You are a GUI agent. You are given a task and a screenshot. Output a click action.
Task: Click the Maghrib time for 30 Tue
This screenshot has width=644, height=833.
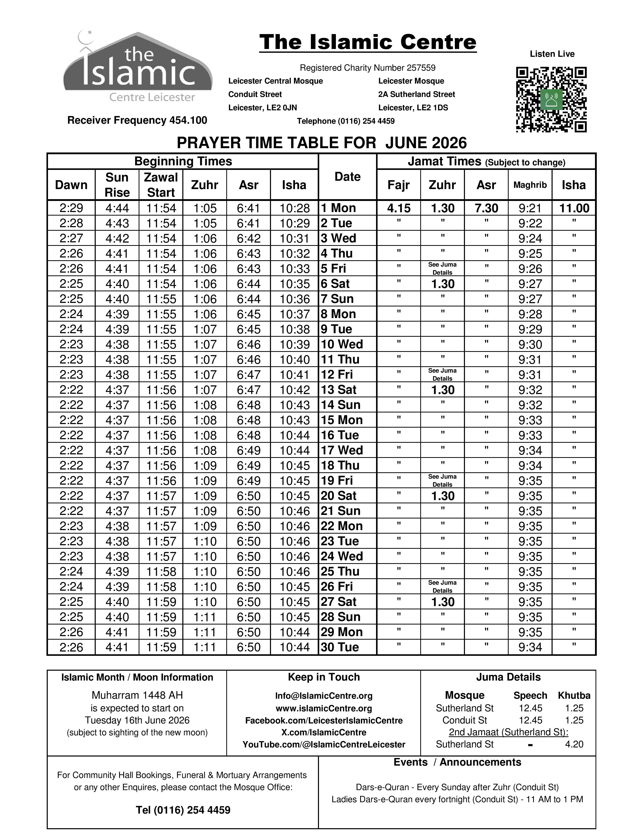530,647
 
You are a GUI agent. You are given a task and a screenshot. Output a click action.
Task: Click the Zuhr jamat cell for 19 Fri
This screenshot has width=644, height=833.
442,481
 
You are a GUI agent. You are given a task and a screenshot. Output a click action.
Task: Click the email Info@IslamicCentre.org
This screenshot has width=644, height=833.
324,696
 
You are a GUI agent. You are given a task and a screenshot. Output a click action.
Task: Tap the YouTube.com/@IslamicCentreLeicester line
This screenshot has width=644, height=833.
324,744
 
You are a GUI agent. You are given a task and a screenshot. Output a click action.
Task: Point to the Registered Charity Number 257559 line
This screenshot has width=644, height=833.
367,68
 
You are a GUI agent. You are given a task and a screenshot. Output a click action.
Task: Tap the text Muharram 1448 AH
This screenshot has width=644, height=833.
137,695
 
